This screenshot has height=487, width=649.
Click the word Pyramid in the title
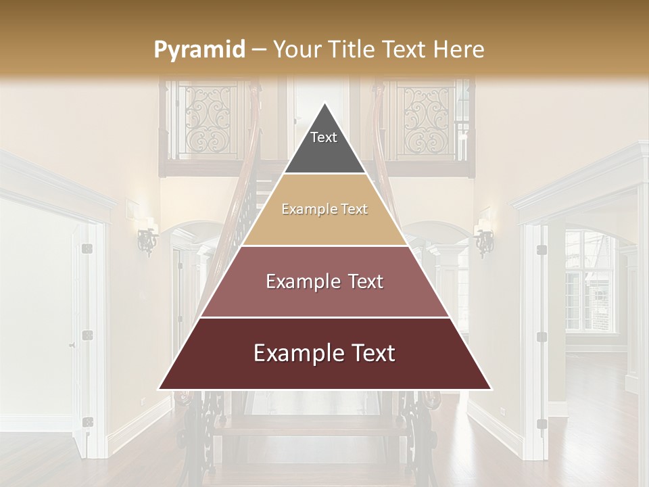point(199,50)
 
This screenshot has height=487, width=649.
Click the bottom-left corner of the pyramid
point(160,389)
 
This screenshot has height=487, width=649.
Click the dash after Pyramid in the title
point(259,50)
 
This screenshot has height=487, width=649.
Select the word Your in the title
point(296,49)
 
